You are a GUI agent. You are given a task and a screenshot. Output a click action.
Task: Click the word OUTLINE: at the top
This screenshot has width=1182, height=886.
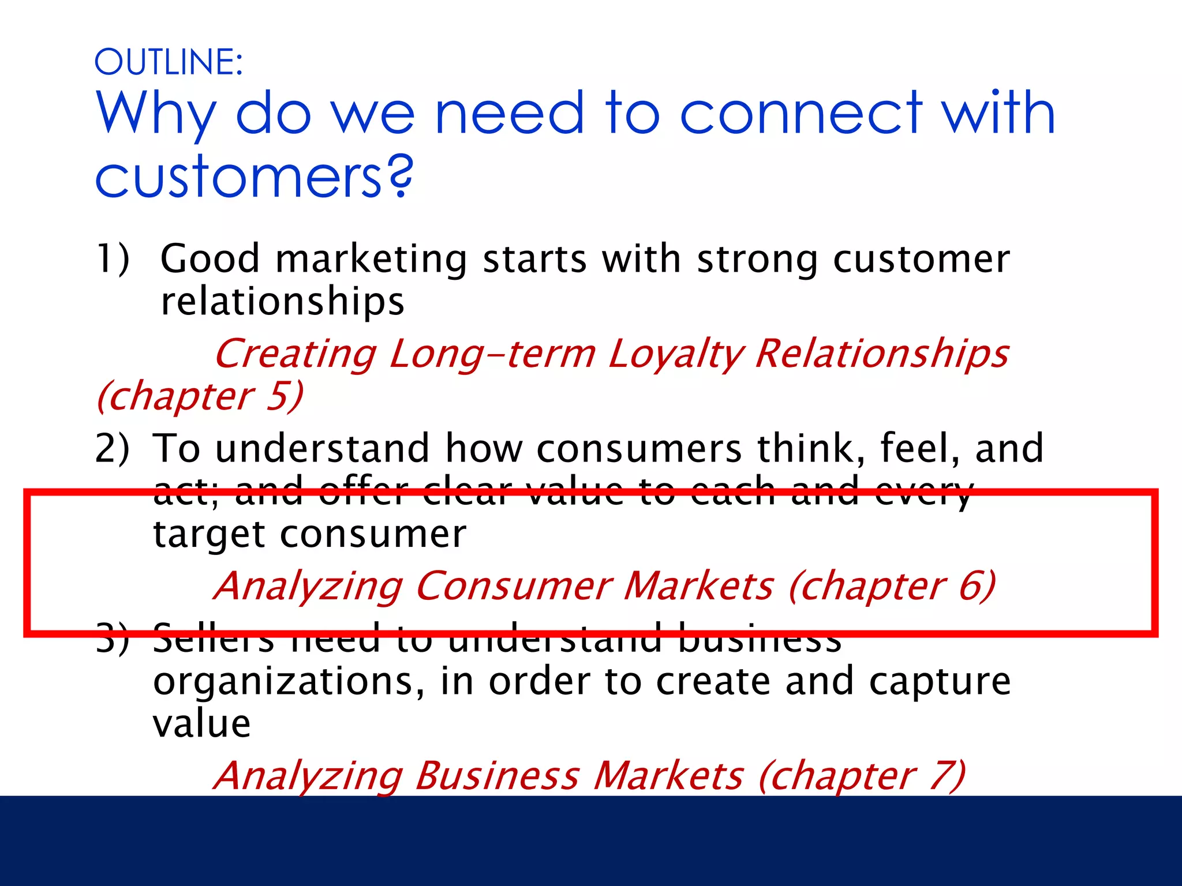click(169, 62)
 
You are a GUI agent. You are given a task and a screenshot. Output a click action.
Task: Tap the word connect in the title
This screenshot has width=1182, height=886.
click(802, 113)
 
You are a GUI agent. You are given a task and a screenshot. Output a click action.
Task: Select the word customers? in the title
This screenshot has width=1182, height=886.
click(254, 177)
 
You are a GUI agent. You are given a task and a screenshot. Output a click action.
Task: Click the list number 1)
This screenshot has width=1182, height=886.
click(113, 258)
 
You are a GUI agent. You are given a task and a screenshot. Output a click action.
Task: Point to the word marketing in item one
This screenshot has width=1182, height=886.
click(371, 260)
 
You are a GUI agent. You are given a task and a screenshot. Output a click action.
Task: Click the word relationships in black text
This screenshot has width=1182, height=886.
click(282, 302)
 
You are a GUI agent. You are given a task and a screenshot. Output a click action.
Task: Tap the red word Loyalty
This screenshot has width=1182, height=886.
click(675, 354)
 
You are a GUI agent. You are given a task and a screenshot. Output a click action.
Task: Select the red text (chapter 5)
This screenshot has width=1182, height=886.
click(200, 396)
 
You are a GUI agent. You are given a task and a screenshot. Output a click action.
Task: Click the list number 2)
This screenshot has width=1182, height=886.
click(113, 448)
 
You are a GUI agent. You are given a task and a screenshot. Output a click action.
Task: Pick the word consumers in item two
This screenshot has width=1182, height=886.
click(639, 449)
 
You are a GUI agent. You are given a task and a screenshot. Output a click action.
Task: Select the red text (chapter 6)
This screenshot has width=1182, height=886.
click(892, 586)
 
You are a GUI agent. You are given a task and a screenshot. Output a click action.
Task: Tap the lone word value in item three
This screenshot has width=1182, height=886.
click(201, 723)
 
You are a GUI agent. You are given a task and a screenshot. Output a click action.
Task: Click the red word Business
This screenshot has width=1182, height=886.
click(498, 775)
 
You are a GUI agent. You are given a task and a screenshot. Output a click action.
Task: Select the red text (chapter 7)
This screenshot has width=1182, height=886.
click(862, 775)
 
